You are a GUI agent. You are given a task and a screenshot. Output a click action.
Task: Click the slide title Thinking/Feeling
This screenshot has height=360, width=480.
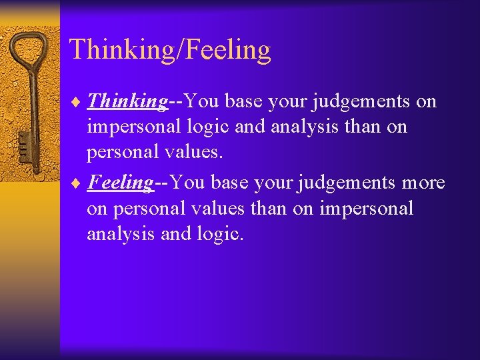[170, 50]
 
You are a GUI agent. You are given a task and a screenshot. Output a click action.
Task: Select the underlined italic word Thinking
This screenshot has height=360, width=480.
[127, 101]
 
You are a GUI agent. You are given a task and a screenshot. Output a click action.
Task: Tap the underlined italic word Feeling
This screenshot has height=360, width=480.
[121, 183]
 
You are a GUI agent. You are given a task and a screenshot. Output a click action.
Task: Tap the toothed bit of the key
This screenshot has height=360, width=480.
[24, 143]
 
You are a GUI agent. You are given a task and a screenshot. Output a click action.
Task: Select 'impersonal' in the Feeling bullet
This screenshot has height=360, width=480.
[367, 209]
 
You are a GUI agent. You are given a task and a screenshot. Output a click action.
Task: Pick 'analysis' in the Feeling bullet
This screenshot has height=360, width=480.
[112, 235]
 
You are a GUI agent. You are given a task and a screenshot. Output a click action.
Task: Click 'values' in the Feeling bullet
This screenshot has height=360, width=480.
[221, 209]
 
